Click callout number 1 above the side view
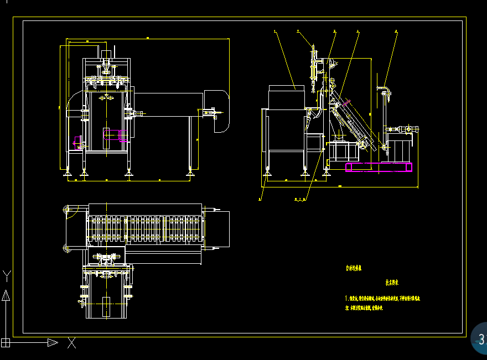coord(275,32)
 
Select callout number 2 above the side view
coord(298,32)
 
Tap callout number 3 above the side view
coord(334,32)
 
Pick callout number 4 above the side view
coord(358,32)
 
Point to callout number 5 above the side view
coord(396,32)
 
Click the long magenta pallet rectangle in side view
coord(379,167)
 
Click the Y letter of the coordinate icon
coord(7,275)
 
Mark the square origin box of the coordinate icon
coord(6,342)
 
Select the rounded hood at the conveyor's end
coord(217,111)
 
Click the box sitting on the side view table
coord(286,96)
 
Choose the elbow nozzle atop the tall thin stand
coord(384,90)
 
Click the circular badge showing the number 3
coord(480,338)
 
